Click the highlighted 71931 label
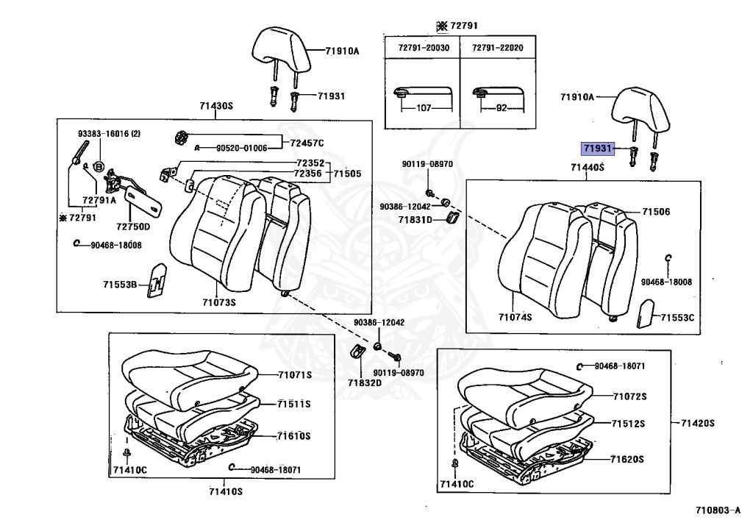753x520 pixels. (597, 149)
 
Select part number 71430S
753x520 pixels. (215, 106)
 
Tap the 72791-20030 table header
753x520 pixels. (424, 47)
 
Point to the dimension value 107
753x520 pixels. (424, 107)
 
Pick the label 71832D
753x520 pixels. (365, 382)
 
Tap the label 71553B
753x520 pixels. (120, 284)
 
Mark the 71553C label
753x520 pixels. (677, 318)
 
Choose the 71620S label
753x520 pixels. (627, 459)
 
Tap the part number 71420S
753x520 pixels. (698, 423)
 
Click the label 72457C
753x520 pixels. (307, 142)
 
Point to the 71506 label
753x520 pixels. (656, 212)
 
